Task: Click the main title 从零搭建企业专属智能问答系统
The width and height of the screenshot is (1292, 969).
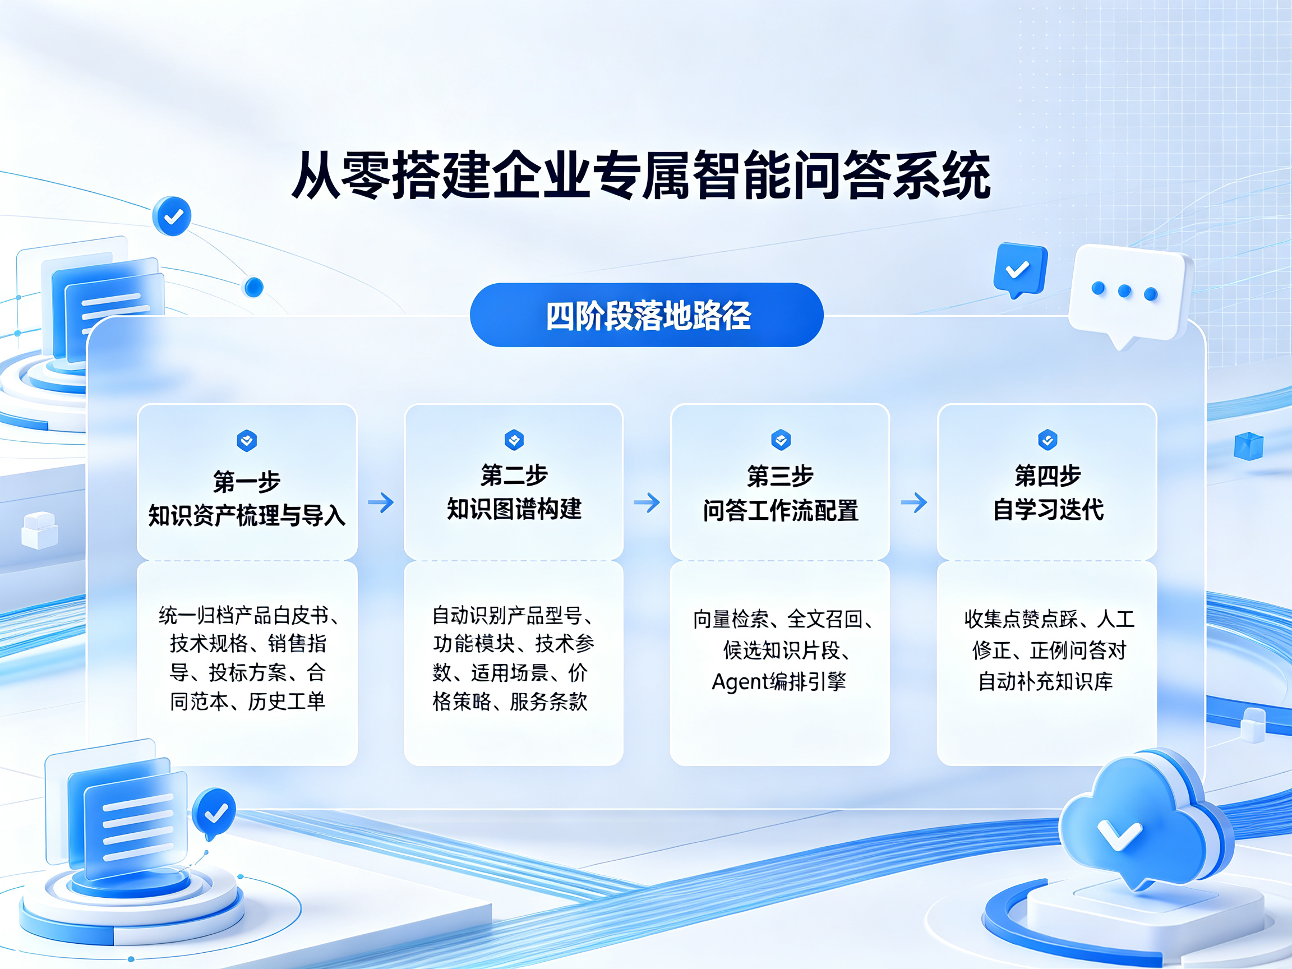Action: (641, 174)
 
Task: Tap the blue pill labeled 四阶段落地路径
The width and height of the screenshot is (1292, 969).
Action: (647, 315)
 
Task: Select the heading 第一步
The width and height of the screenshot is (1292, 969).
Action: (247, 482)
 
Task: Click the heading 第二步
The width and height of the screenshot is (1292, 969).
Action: (514, 476)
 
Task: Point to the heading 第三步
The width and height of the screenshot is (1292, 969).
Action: (781, 476)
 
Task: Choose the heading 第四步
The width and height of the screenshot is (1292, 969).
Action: (1048, 476)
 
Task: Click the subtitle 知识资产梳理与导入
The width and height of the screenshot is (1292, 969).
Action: (247, 515)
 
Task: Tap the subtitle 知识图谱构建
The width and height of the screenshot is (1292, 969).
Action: (514, 509)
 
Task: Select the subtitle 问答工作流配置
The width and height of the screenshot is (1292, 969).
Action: (781, 510)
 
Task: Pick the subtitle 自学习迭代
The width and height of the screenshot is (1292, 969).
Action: (1048, 509)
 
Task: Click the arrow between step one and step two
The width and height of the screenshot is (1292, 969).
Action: (381, 502)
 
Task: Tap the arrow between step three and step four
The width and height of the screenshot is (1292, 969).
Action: (914, 502)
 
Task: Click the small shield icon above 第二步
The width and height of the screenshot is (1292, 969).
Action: (514, 439)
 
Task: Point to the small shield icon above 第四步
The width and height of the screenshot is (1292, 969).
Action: (1048, 440)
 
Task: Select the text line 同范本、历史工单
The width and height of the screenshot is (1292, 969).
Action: (247, 702)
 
